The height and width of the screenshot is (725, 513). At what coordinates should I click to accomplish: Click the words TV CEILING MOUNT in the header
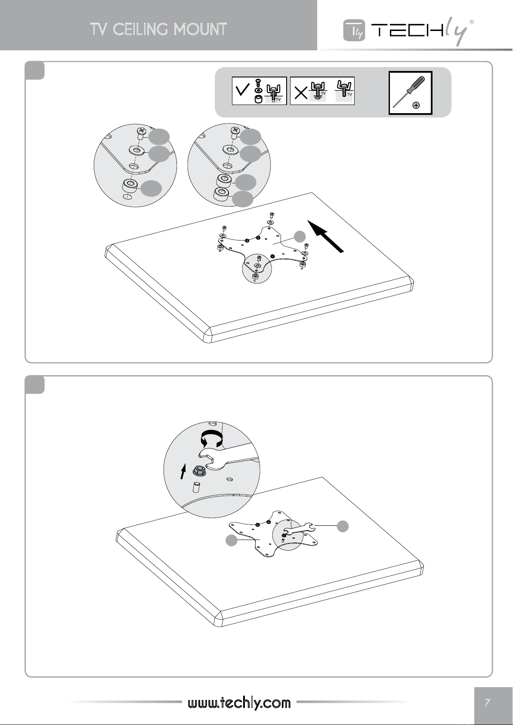click(x=159, y=29)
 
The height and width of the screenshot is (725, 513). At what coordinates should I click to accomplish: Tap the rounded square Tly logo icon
click(x=354, y=31)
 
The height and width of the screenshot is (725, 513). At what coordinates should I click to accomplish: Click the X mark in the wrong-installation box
click(x=301, y=93)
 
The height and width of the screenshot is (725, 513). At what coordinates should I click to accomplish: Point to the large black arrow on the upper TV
click(x=325, y=236)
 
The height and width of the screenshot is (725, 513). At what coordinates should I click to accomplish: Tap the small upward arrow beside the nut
click(x=183, y=471)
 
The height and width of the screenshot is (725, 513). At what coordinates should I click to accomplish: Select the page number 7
click(x=488, y=702)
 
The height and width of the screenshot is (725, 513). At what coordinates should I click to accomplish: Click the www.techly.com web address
click(x=239, y=703)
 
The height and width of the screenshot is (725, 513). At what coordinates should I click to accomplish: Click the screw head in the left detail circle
click(x=141, y=131)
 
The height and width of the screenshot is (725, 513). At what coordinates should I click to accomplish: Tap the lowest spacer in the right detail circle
click(x=221, y=194)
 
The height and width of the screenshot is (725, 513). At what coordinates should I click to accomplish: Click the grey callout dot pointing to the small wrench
click(x=343, y=526)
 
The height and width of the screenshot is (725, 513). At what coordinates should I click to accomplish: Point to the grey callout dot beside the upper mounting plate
click(x=300, y=236)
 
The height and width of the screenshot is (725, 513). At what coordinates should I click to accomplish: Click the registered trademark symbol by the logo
click(x=472, y=22)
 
